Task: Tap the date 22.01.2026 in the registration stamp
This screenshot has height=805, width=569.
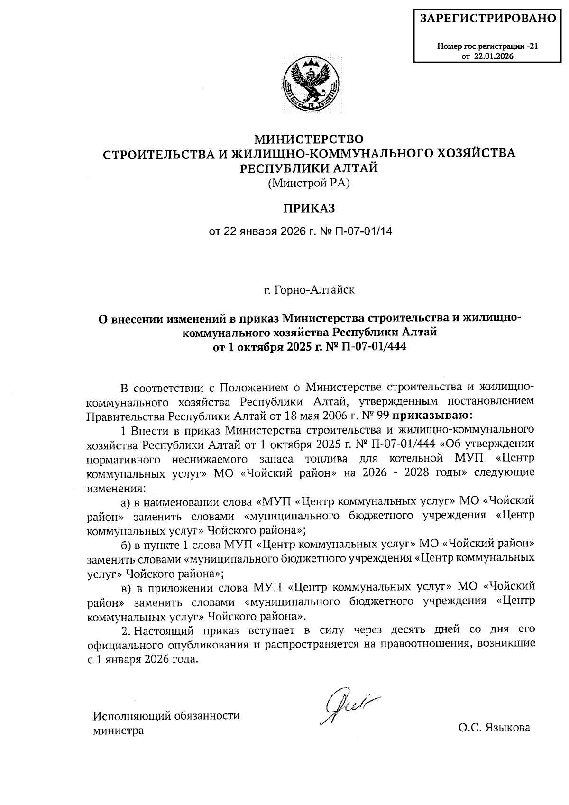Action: pos(496,56)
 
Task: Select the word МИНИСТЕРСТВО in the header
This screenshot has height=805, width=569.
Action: pos(309,139)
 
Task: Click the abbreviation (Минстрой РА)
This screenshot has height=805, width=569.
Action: pos(309,183)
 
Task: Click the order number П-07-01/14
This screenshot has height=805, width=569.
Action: pos(364,232)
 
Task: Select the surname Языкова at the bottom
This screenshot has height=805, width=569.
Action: pos(507,727)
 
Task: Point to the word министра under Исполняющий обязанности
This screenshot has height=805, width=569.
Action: pos(118,731)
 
